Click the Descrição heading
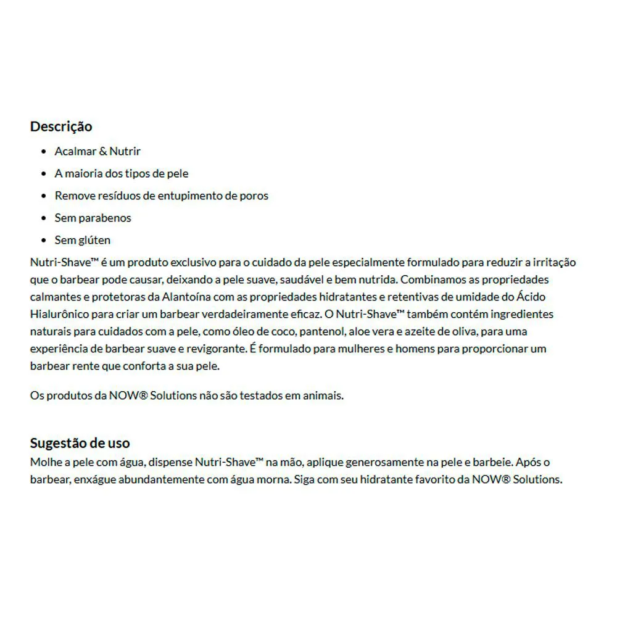point(61,126)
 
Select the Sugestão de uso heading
point(80,443)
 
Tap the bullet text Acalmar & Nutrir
point(97,152)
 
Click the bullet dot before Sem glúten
point(43,241)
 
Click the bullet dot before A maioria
point(43,174)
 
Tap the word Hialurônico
point(59,314)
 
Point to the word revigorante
point(213,349)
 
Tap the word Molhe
point(44,462)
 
